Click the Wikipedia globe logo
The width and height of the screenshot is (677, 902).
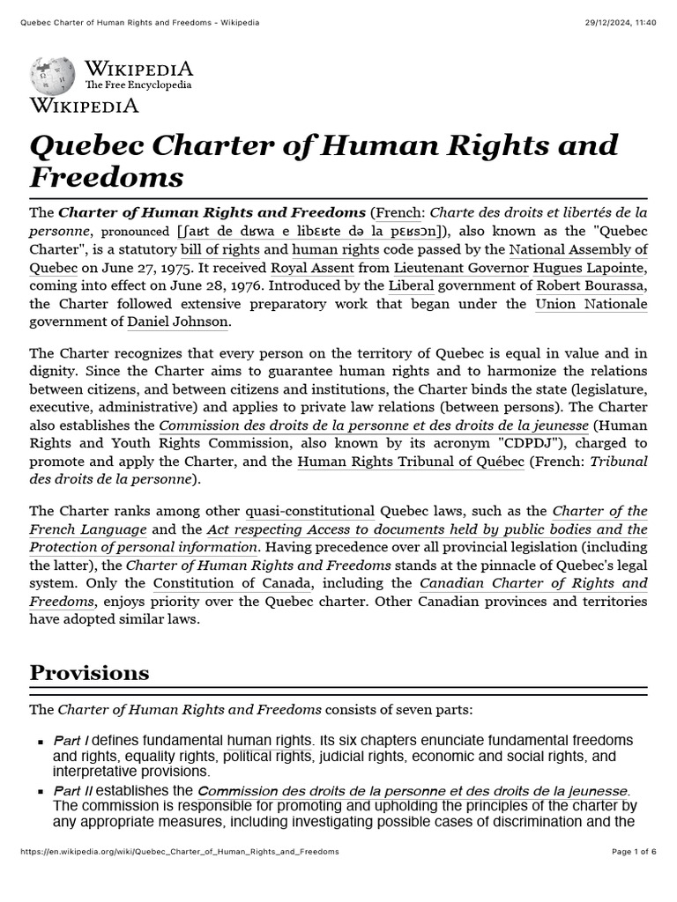[54, 77]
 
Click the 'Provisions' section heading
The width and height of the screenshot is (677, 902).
[89, 673]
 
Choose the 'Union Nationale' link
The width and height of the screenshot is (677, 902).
[591, 304]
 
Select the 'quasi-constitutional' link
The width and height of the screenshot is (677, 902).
[309, 511]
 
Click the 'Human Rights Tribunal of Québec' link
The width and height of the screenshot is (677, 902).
[411, 461]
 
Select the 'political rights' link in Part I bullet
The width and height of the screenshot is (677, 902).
[268, 756]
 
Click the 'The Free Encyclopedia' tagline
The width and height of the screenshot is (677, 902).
[138, 85]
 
